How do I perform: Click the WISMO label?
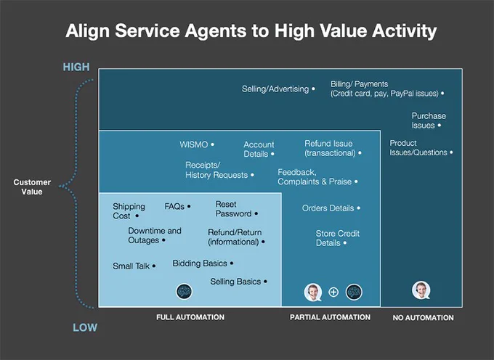[x=194, y=144]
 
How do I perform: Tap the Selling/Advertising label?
[x=275, y=89]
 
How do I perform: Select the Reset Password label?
[x=233, y=209]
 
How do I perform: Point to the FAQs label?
[x=174, y=206]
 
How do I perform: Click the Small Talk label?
[x=131, y=266]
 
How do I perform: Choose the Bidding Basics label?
[x=200, y=263]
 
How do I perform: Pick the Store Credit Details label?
[x=337, y=238]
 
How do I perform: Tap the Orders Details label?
[x=328, y=208]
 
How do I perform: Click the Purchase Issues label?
[x=429, y=120]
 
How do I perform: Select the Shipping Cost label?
[x=129, y=211]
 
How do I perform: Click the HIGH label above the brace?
[x=76, y=67]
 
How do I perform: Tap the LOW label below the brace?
[x=85, y=327]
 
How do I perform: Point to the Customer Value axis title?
[x=32, y=187]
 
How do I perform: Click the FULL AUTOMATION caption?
[x=190, y=317]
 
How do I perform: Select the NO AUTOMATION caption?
[x=423, y=318]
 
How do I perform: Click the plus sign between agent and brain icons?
[x=333, y=292]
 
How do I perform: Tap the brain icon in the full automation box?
[x=184, y=291]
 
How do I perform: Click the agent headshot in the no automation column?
[x=421, y=290]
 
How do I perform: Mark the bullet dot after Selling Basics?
[x=265, y=282]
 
